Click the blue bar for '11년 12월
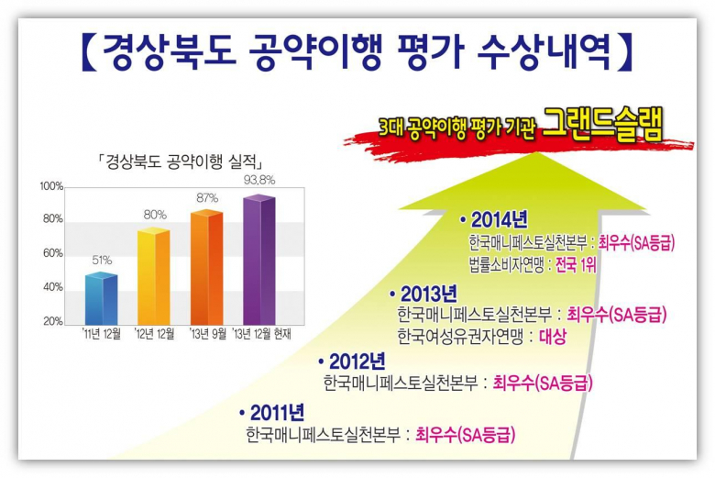pyautogui.click(x=101, y=298)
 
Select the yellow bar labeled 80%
pyautogui.click(x=154, y=276)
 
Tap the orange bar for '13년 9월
pyautogui.click(x=206, y=267)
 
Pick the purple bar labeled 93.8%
pyautogui.click(x=259, y=260)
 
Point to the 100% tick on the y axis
pyautogui.click(x=51, y=186)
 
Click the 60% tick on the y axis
pyautogui.click(x=53, y=253)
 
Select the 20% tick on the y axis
pyautogui.click(x=53, y=321)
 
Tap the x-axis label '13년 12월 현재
pyautogui.click(x=262, y=334)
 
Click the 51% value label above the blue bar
pyautogui.click(x=102, y=261)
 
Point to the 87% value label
pyautogui.click(x=207, y=198)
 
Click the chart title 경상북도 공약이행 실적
pyautogui.click(x=181, y=161)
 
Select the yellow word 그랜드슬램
pyautogui.click(x=602, y=123)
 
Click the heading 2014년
pyautogui.click(x=500, y=219)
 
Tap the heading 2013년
pyautogui.click(x=429, y=294)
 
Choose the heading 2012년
pyautogui.click(x=357, y=361)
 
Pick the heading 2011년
pyautogui.click(x=277, y=413)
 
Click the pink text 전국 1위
pyautogui.click(x=576, y=265)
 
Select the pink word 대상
pyautogui.click(x=553, y=337)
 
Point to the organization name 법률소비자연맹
pyautogui.click(x=507, y=265)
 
